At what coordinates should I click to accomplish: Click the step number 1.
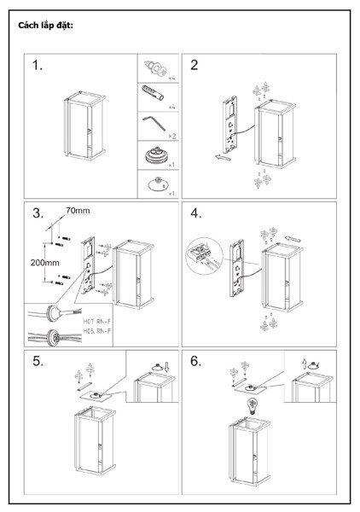[x=38, y=66]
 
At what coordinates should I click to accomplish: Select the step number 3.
[x=38, y=213]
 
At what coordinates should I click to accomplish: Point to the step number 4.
[x=196, y=213]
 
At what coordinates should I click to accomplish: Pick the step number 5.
[x=38, y=361]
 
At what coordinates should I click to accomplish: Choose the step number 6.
[x=196, y=361]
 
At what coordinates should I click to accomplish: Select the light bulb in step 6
[x=253, y=403]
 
